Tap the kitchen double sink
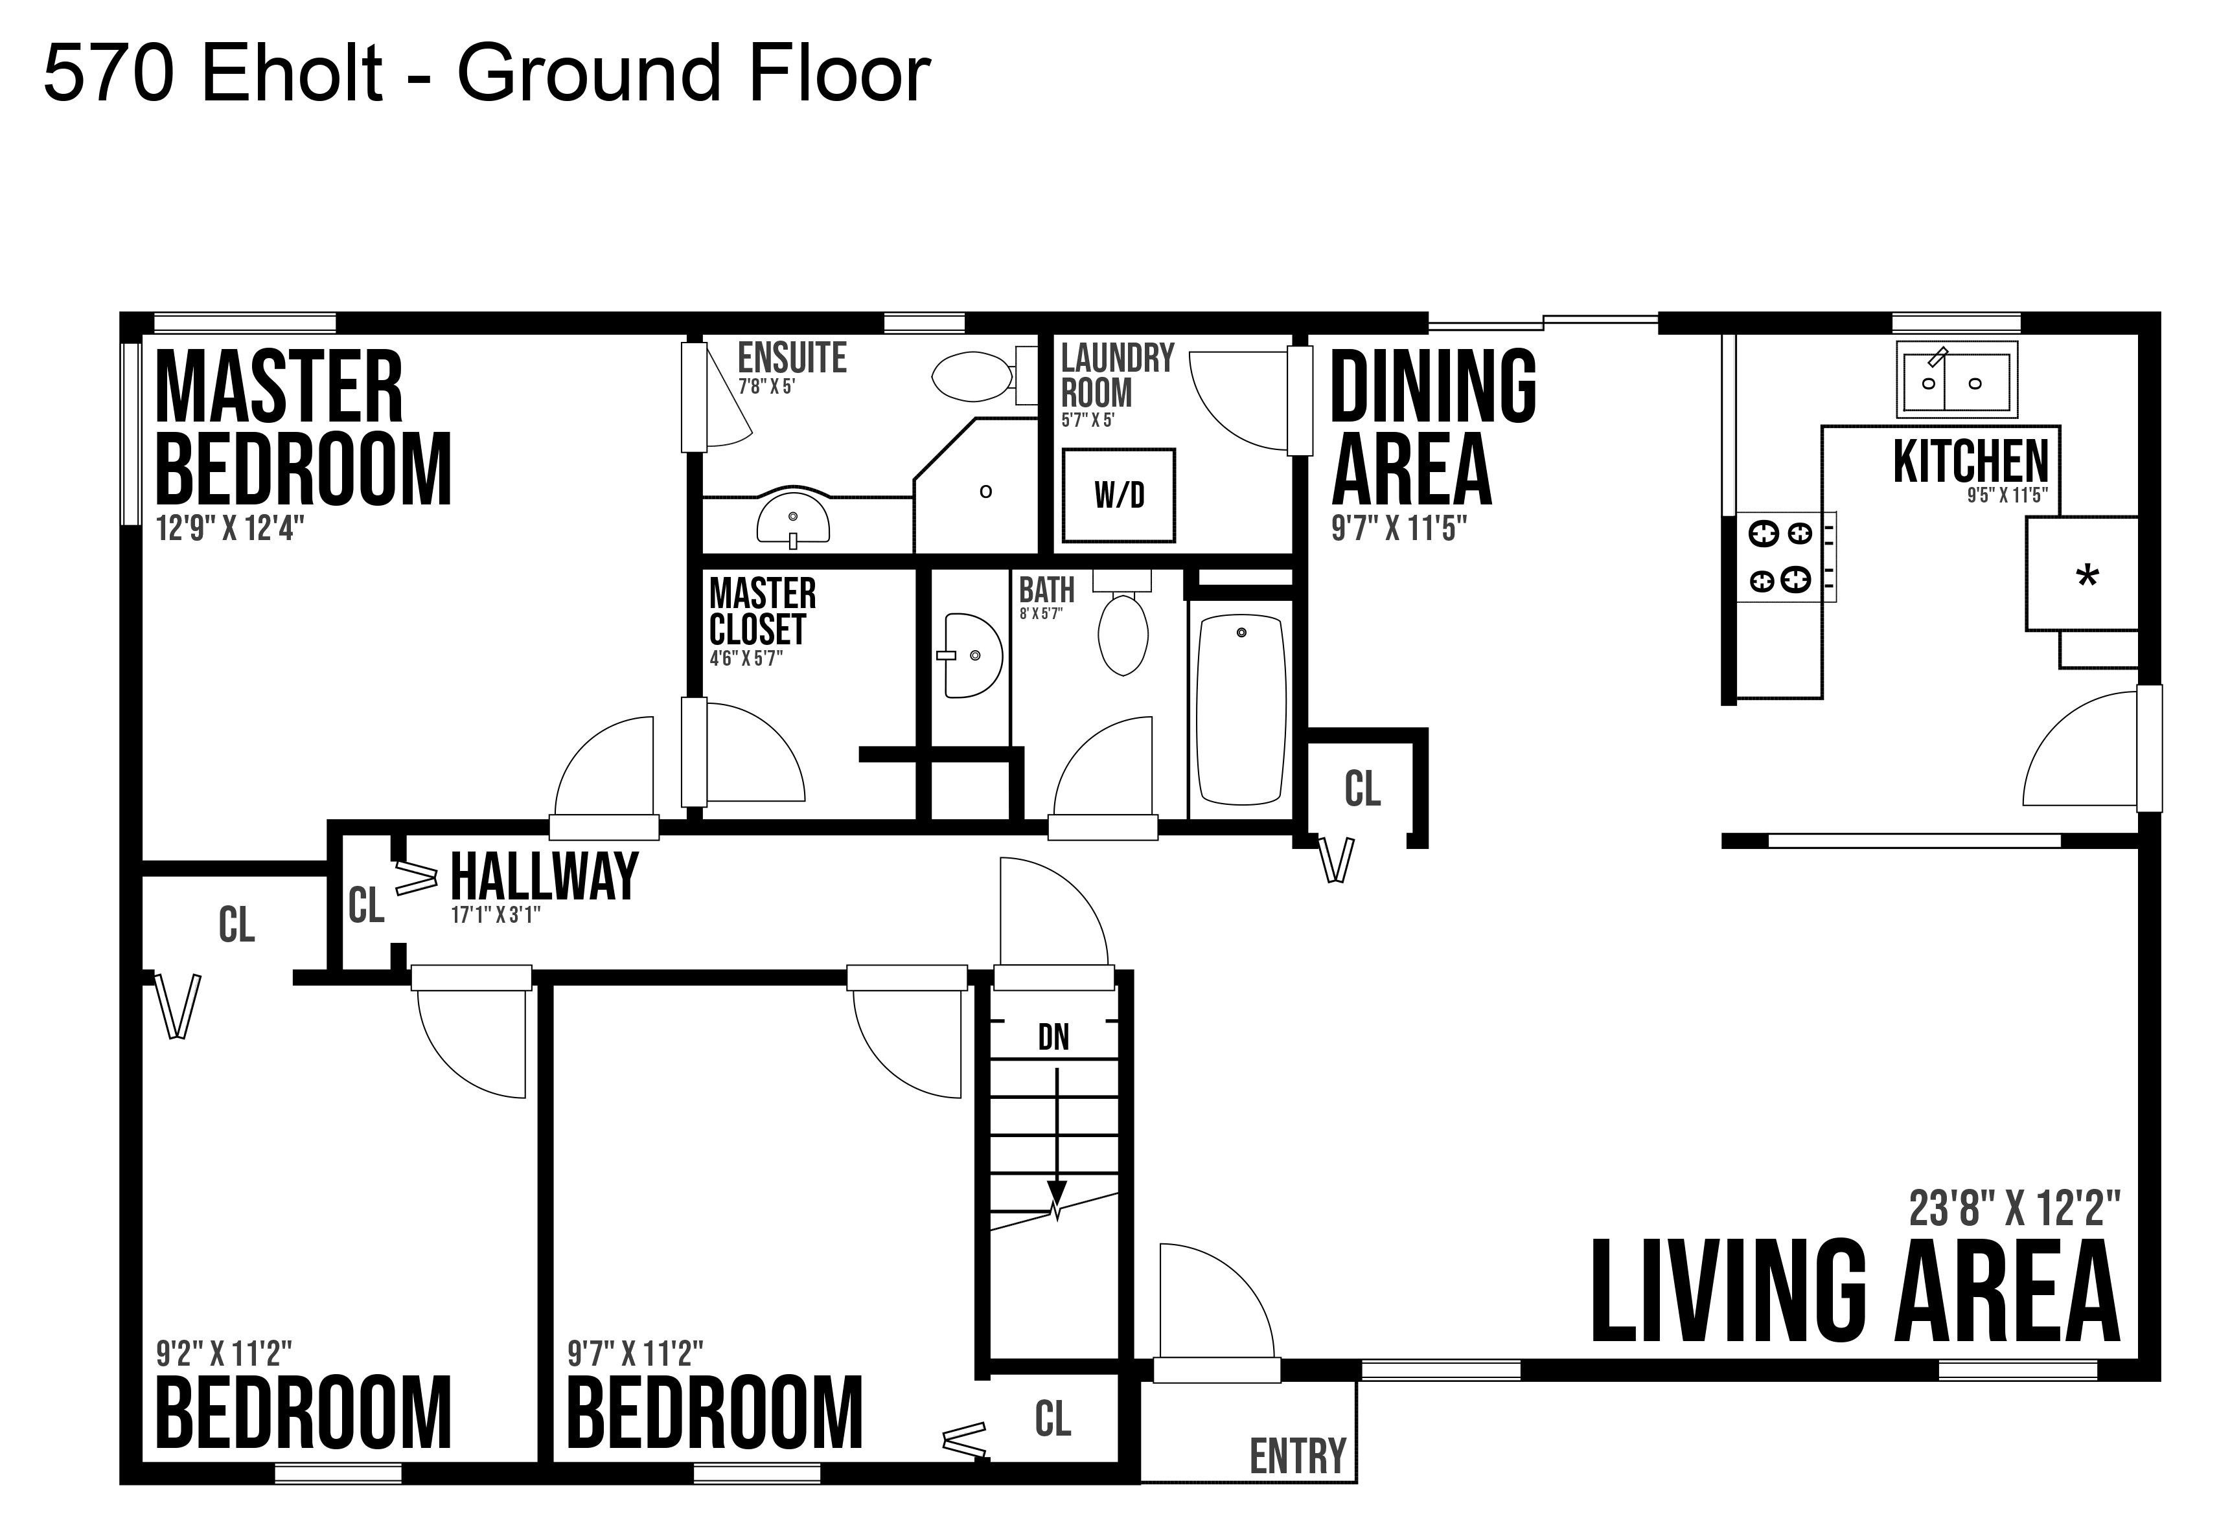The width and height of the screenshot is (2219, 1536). click(x=1956, y=380)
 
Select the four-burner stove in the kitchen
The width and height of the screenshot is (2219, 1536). click(x=1786, y=556)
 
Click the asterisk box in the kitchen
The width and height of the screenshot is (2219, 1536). click(x=2082, y=574)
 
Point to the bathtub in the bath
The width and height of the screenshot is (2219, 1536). click(x=1241, y=710)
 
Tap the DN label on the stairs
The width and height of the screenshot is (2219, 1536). click(x=1053, y=1037)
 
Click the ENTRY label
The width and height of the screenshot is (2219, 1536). click(x=1298, y=1456)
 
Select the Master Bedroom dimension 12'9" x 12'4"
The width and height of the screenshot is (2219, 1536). click(x=230, y=528)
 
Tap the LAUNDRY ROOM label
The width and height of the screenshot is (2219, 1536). click(x=1118, y=376)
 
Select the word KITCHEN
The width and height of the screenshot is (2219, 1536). click(x=1971, y=461)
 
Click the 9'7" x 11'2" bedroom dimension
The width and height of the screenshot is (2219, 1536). click(x=636, y=1354)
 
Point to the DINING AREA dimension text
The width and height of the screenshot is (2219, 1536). click(x=1399, y=528)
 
